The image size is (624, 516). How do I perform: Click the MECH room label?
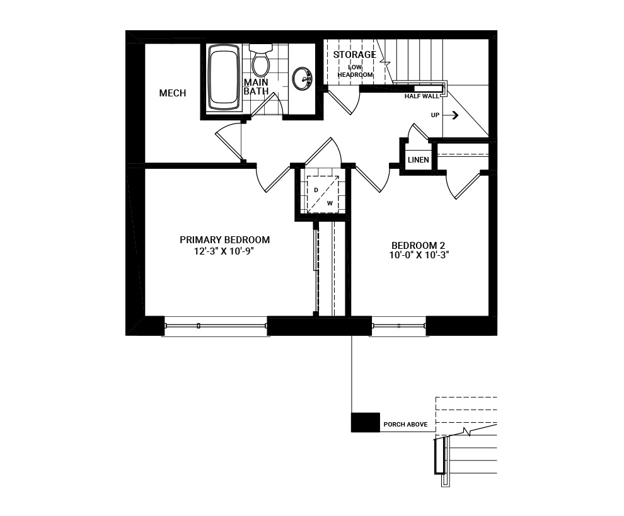pyautogui.click(x=172, y=93)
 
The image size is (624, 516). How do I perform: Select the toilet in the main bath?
pyautogui.click(x=260, y=60)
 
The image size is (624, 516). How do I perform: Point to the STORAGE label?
pyautogui.click(x=354, y=55)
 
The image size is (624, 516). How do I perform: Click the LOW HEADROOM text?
pyautogui.click(x=355, y=71)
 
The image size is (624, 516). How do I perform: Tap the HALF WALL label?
pyautogui.click(x=422, y=97)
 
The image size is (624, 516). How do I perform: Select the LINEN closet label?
pyautogui.click(x=418, y=160)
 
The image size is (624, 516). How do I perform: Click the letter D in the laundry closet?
pyautogui.click(x=316, y=190)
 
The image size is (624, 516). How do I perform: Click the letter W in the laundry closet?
pyautogui.click(x=330, y=203)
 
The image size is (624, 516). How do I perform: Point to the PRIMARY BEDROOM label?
pyautogui.click(x=224, y=240)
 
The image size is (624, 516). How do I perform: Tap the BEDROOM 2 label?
pyautogui.click(x=413, y=245)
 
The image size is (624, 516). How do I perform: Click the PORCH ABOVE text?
pyautogui.click(x=405, y=425)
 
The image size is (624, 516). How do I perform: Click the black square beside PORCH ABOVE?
pyautogui.click(x=365, y=422)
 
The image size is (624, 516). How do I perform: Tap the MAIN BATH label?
pyautogui.click(x=256, y=87)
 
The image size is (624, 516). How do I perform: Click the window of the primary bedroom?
pyautogui.click(x=216, y=326)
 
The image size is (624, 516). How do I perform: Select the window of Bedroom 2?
pyautogui.click(x=398, y=326)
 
